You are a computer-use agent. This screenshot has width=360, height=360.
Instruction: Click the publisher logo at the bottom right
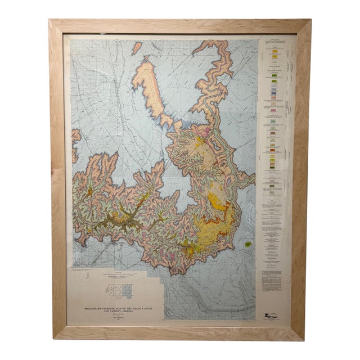[x=272, y=317]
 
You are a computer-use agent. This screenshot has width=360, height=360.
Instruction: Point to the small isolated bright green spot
[x=249, y=245]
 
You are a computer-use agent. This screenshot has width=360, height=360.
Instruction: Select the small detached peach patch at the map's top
[x=136, y=48]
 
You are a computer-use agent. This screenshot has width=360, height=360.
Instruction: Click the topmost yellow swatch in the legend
[x=275, y=52]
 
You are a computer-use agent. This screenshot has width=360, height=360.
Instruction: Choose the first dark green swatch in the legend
[x=274, y=75]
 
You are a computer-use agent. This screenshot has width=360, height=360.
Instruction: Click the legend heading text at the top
[x=274, y=39]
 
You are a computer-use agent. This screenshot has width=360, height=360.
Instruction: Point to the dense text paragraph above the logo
[x=272, y=280]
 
